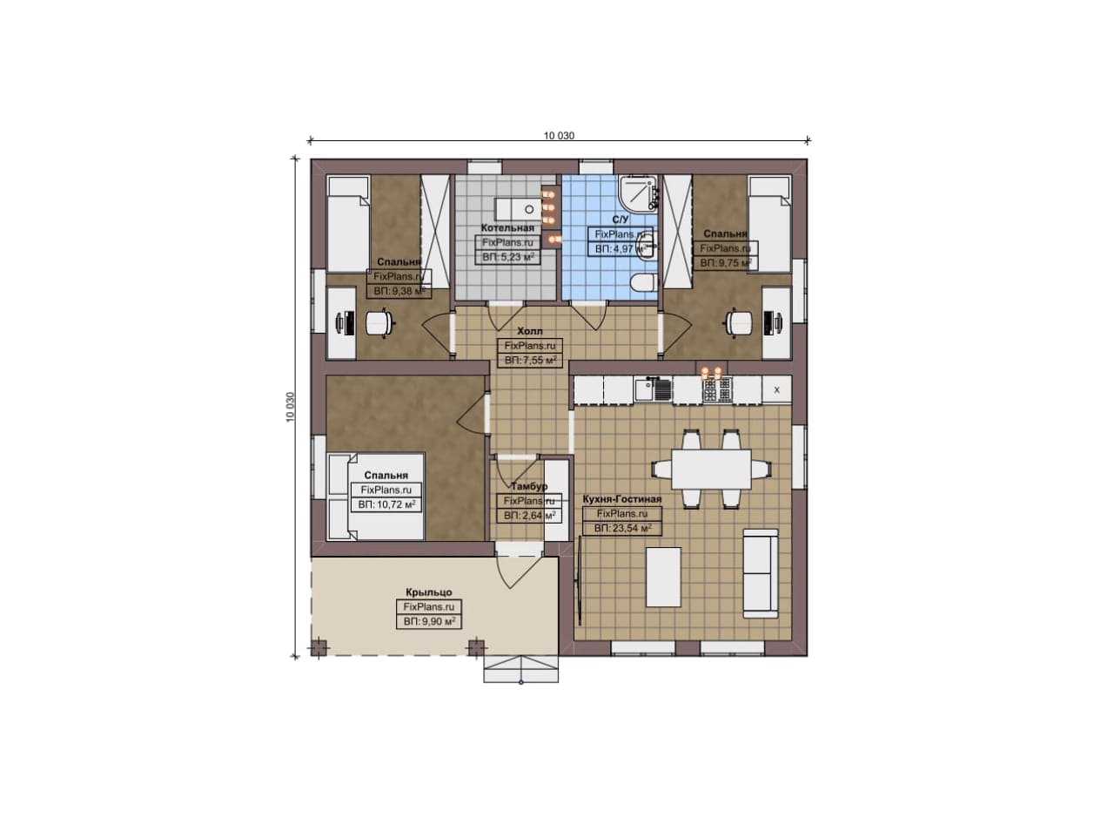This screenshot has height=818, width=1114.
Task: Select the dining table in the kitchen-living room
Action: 711,470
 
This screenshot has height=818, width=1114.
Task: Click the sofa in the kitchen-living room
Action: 761,573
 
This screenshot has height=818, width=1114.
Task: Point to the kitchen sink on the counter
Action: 653,389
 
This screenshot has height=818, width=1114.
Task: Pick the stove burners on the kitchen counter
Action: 716,389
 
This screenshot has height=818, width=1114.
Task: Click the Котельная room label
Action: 507,228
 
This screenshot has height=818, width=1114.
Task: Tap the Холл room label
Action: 530,331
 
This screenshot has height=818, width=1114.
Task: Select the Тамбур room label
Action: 529,486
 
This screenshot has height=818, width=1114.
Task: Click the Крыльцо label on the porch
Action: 429,592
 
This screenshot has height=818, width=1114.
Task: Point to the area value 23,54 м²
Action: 622,528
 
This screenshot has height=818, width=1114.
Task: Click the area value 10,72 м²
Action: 386,504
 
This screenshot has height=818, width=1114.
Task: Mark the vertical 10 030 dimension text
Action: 291,407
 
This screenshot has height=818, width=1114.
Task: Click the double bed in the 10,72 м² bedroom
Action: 375,496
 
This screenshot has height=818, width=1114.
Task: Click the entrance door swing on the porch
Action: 513,573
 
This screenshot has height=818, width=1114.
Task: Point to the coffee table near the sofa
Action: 663,577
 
